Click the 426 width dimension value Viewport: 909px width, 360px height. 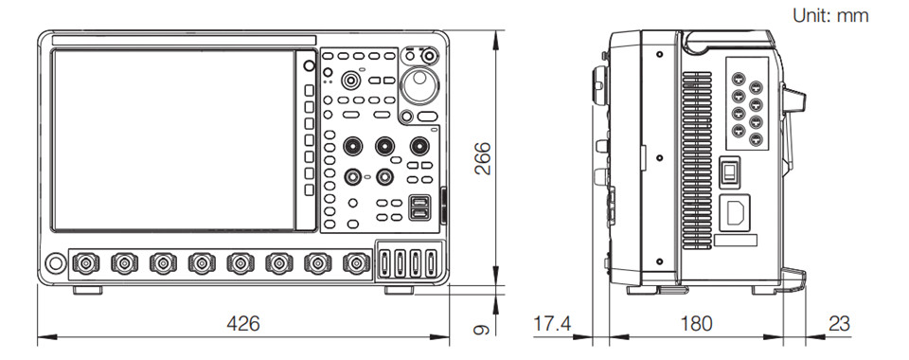243,323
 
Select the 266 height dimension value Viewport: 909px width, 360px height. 483,158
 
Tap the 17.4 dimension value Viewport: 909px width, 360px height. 551,323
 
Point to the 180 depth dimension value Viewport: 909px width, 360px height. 696,323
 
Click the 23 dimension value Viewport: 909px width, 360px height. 839,323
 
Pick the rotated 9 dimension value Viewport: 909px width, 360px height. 482,330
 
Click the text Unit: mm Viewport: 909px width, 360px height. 830,16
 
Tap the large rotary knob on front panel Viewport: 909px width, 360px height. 420,85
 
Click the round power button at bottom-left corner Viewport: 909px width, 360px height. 56,263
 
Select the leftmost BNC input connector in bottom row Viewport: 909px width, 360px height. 85,263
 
